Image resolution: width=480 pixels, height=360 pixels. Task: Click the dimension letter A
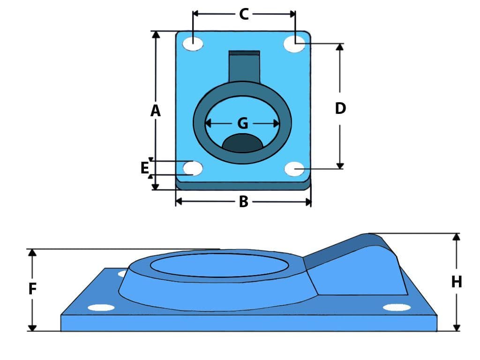tap(155, 111)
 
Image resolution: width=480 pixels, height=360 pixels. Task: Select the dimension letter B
tap(243, 202)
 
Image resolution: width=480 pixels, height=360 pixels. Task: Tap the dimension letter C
tap(244, 14)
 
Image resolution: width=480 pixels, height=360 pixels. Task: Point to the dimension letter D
tap(340, 108)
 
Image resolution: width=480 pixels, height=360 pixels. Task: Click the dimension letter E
tap(145, 168)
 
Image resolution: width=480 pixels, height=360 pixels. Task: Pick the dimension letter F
tap(32, 289)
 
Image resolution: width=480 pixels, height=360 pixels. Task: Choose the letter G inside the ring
tap(242, 123)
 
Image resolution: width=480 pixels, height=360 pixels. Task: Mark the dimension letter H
tap(456, 282)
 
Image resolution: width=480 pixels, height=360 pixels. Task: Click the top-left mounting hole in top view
tap(193, 44)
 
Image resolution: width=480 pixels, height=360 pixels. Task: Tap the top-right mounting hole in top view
tap(295, 43)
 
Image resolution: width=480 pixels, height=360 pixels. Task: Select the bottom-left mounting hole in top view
tap(193, 168)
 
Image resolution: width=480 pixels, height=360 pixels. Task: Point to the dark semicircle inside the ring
tap(242, 143)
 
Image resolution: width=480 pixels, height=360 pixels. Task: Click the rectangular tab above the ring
tap(244, 66)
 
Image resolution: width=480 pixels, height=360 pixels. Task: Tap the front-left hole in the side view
tap(101, 307)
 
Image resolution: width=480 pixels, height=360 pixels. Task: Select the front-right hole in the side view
tap(397, 307)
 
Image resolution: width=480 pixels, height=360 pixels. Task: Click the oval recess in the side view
tap(219, 265)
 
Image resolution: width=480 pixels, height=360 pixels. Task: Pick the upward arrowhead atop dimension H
tap(456, 237)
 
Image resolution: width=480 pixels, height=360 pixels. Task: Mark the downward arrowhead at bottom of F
tap(32, 327)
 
